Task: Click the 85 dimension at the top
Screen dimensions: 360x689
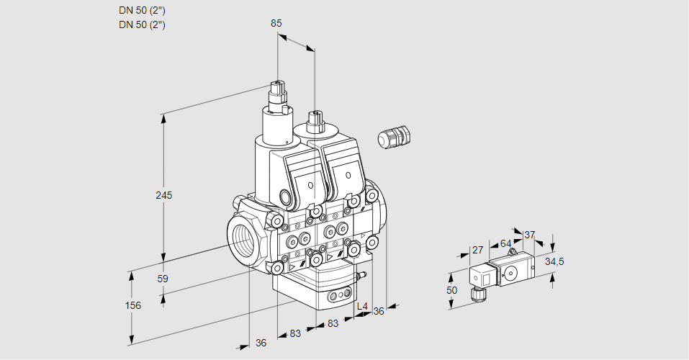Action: click(276, 23)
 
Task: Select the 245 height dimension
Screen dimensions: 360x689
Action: click(165, 195)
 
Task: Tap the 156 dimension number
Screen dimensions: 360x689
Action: click(132, 305)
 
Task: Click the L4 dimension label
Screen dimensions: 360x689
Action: click(362, 307)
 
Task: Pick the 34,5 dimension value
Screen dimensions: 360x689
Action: click(554, 261)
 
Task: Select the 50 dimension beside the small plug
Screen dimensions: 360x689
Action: click(451, 290)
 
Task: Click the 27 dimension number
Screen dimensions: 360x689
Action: click(477, 250)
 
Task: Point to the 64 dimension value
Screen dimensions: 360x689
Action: click(505, 243)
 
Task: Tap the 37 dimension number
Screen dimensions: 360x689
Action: click(530, 235)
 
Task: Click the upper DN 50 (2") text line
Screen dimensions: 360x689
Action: click(142, 10)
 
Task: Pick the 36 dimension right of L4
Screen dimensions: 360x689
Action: click(379, 311)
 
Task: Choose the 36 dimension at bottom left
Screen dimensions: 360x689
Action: click(261, 343)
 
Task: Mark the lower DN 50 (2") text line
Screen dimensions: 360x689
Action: click(142, 24)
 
